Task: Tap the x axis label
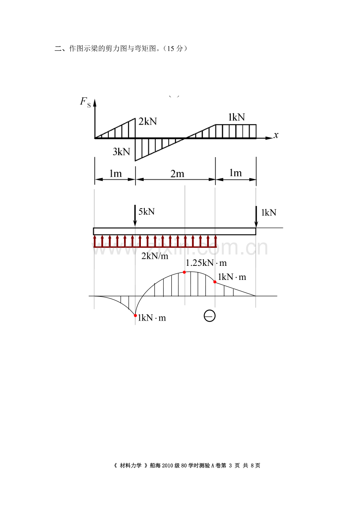click(x=276, y=135)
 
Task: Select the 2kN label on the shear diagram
click(x=148, y=122)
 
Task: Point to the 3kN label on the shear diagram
click(x=121, y=152)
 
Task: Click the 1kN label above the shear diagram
click(x=236, y=117)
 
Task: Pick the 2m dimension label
click(x=177, y=174)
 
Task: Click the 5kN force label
click(x=146, y=211)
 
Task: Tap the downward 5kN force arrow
click(x=135, y=216)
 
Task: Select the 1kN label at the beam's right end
click(x=268, y=212)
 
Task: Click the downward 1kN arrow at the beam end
click(x=256, y=217)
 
